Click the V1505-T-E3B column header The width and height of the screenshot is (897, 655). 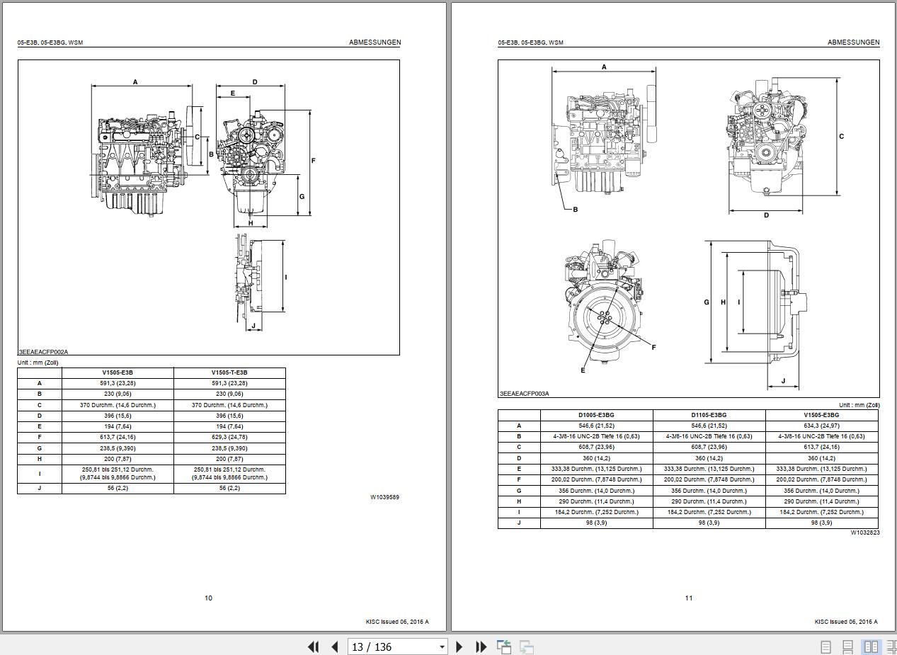click(x=229, y=372)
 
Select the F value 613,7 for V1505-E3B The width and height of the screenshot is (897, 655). click(x=118, y=437)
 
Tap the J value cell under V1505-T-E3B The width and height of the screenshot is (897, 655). click(x=229, y=488)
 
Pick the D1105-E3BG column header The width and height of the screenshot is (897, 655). click(x=709, y=415)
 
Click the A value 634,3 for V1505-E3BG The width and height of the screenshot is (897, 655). click(x=821, y=426)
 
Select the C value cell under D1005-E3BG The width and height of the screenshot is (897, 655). click(x=596, y=447)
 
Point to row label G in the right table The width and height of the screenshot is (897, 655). click(x=519, y=491)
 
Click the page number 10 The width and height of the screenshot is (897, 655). click(x=208, y=598)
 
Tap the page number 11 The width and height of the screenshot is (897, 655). click(x=689, y=598)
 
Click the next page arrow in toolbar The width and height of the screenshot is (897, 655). click(x=459, y=647)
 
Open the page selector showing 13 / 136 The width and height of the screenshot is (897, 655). click(x=397, y=647)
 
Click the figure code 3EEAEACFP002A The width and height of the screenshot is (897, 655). click(x=43, y=352)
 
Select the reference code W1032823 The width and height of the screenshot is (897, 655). click(x=865, y=532)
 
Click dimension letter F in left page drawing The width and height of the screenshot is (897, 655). click(x=313, y=161)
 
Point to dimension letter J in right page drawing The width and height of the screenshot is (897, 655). click(x=783, y=381)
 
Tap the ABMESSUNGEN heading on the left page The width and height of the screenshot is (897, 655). click(x=375, y=42)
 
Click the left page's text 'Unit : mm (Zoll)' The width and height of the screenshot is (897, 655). click(x=38, y=363)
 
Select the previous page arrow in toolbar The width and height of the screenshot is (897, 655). click(x=335, y=647)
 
